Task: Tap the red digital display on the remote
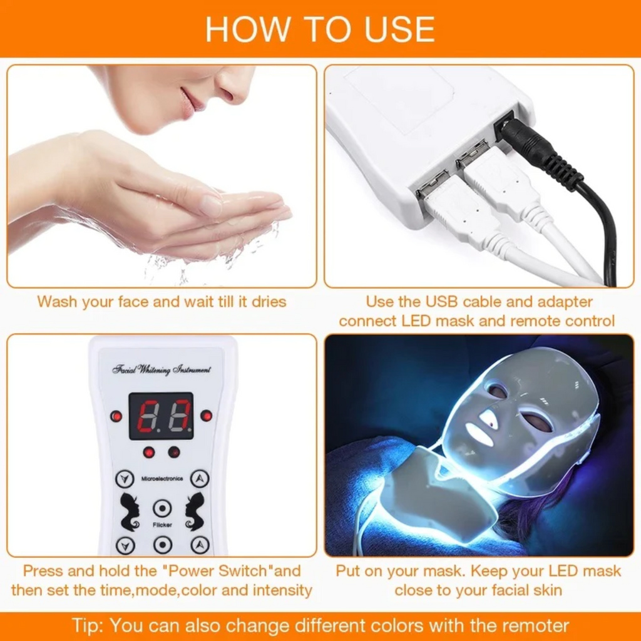click(x=161, y=416)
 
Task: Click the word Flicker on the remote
click(x=162, y=525)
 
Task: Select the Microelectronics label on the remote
click(x=162, y=479)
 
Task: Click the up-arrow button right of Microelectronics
click(x=200, y=479)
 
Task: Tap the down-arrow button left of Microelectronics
click(x=125, y=479)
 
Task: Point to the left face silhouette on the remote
click(x=130, y=510)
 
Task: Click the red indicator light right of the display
click(x=206, y=416)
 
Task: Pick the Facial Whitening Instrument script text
click(x=162, y=369)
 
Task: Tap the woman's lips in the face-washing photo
click(x=188, y=102)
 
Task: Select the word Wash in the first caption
click(x=58, y=302)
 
